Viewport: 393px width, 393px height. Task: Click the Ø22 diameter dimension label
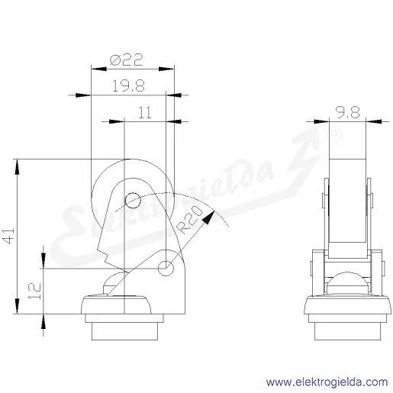point(127,60)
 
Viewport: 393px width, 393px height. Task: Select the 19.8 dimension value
point(128,85)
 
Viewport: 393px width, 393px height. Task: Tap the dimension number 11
point(144,113)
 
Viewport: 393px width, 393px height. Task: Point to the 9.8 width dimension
point(349,113)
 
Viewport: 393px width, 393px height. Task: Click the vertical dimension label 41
point(9,236)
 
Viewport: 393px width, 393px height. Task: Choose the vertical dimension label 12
point(34,291)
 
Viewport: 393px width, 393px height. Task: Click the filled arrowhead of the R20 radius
point(208,217)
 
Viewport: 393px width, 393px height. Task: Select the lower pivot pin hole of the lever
point(166,268)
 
